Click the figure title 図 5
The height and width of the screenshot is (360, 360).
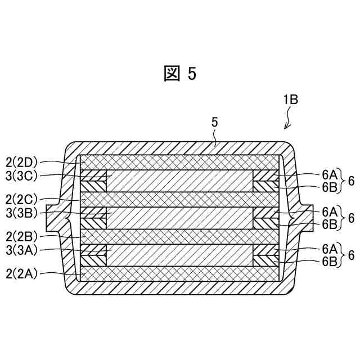click(x=180, y=74)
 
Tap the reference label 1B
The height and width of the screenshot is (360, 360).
click(x=290, y=100)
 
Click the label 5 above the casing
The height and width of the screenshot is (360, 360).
click(x=214, y=121)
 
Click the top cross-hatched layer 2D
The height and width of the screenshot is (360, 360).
click(x=180, y=161)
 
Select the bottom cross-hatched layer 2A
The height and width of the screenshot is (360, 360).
click(x=180, y=274)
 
